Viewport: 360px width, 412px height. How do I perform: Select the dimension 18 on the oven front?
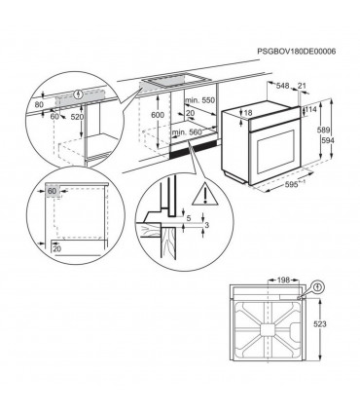pos(249,115)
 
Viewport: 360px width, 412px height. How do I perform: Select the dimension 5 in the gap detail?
pos(189,219)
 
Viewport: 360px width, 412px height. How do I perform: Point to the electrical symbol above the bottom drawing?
pos(317,287)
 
